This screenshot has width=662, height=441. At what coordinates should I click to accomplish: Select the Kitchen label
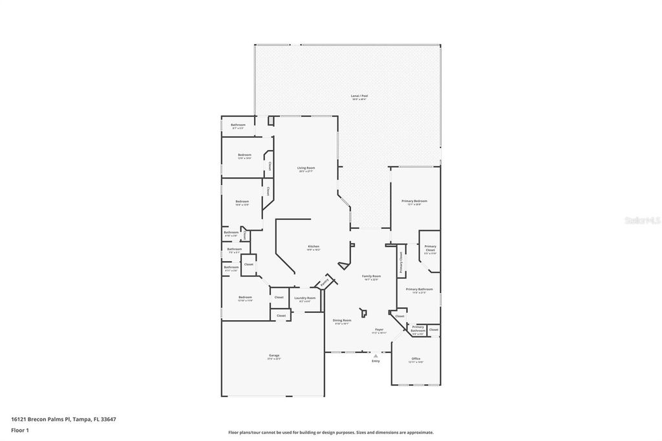[x=314, y=247]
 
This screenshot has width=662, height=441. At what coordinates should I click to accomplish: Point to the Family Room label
[x=372, y=277]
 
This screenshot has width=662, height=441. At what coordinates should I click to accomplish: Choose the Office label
[x=416, y=360]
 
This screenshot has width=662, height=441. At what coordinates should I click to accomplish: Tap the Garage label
[x=274, y=356]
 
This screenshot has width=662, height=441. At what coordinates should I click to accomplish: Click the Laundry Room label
[x=303, y=299]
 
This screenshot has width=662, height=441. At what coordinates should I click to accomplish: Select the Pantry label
[x=325, y=282]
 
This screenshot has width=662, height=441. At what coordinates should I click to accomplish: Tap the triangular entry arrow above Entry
[x=376, y=355]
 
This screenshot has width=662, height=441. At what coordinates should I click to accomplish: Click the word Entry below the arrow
[x=376, y=361]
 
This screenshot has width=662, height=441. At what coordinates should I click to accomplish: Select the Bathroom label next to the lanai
[x=239, y=125]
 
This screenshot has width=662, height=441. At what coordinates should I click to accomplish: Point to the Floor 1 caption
[x=20, y=429]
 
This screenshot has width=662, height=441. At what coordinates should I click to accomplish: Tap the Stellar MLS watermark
[x=641, y=220]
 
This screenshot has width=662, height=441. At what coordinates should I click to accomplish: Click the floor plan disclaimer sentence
[x=330, y=433]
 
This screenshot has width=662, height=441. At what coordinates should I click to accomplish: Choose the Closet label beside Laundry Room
[x=279, y=297]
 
